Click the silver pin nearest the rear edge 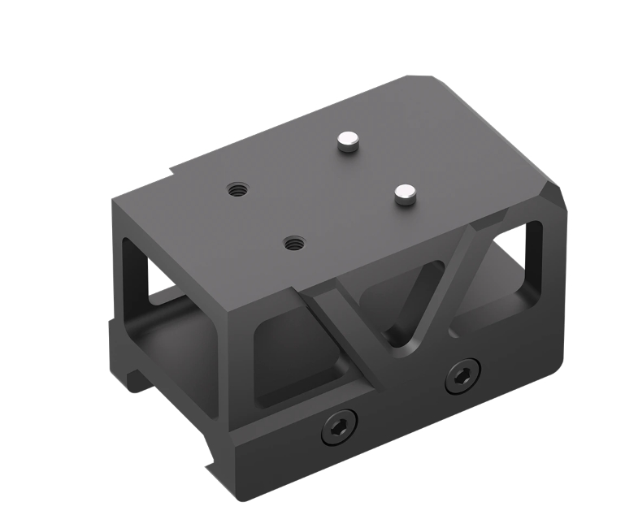coord(348,143)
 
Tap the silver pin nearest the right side coord(404,193)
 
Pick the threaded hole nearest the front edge coord(293,242)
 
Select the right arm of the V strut coord(443,276)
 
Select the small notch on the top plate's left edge coord(172,172)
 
